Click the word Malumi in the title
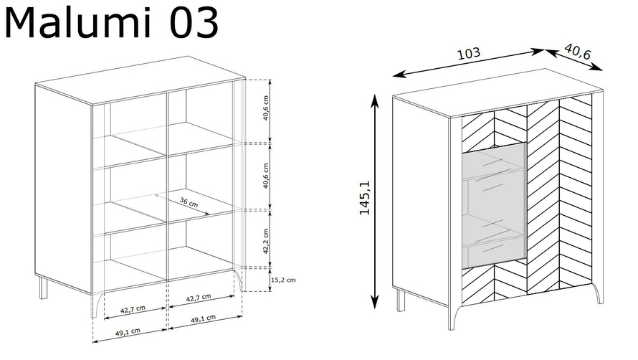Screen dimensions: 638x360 pyautogui.click(x=77, y=23)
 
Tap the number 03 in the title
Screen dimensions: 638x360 pyautogui.click(x=194, y=23)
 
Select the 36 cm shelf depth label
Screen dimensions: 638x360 pyautogui.click(x=189, y=202)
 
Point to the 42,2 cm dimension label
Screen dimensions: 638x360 pyautogui.click(x=266, y=241)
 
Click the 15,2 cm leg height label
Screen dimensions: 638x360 pyautogui.click(x=283, y=280)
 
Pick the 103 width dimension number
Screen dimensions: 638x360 pyautogui.click(x=469, y=53)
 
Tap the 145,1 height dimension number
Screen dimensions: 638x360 pyautogui.click(x=365, y=197)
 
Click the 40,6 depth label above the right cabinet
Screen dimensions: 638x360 pyautogui.click(x=578, y=52)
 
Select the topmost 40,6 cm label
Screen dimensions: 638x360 pyautogui.click(x=266, y=108)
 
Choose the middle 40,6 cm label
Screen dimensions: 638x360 pyautogui.click(x=266, y=176)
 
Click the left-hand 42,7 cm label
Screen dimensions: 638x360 pyautogui.click(x=133, y=310)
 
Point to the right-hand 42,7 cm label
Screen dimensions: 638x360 pyautogui.click(x=199, y=298)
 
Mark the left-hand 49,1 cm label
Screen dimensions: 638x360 pyautogui.click(x=128, y=332)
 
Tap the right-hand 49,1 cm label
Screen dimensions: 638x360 pyautogui.click(x=204, y=319)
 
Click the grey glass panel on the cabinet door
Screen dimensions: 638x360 pyautogui.click(x=494, y=206)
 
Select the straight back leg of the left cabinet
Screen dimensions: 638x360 pyautogui.click(x=43, y=288)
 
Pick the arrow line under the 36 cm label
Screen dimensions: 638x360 pyautogui.click(x=183, y=204)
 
